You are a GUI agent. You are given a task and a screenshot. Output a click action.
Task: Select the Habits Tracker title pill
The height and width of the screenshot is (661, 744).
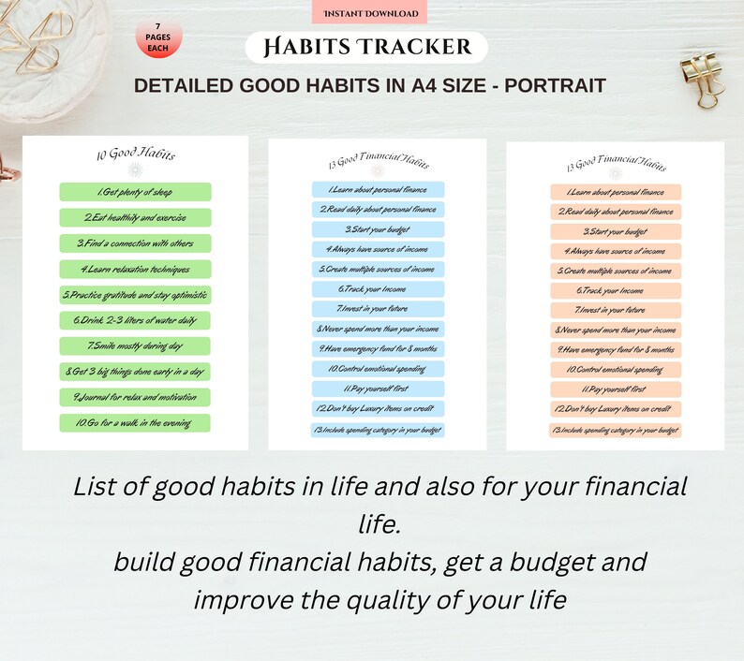366,47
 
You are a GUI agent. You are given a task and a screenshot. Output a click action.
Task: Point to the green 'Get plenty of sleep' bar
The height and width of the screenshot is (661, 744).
136,192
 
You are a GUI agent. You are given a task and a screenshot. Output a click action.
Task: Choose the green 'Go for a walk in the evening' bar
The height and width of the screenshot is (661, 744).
136,423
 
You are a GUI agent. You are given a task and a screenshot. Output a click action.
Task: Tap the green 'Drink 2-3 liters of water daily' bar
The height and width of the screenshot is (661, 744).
136,320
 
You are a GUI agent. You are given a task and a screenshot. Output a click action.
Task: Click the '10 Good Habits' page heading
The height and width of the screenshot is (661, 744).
135,154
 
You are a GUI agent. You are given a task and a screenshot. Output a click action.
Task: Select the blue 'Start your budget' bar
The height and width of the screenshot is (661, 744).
378,229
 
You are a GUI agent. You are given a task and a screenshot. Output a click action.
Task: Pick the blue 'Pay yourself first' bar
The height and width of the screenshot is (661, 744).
378,388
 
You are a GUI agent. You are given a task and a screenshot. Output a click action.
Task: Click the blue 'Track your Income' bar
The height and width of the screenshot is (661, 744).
378,289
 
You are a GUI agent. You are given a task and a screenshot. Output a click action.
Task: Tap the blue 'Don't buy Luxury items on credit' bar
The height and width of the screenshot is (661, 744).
378,408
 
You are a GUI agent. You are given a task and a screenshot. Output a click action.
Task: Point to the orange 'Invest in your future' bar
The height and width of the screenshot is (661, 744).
616,310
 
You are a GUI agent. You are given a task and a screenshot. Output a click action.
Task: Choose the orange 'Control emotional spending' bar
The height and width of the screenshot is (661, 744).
616,370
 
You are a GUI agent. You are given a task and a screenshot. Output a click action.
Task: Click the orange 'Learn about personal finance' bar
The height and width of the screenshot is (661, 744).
616,192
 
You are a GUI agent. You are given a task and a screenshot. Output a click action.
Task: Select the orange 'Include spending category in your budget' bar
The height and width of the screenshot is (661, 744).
616,430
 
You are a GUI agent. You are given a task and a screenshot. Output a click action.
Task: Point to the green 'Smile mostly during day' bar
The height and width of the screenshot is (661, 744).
136,346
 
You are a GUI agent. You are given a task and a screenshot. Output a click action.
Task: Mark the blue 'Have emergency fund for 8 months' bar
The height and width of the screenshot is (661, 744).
378,348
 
